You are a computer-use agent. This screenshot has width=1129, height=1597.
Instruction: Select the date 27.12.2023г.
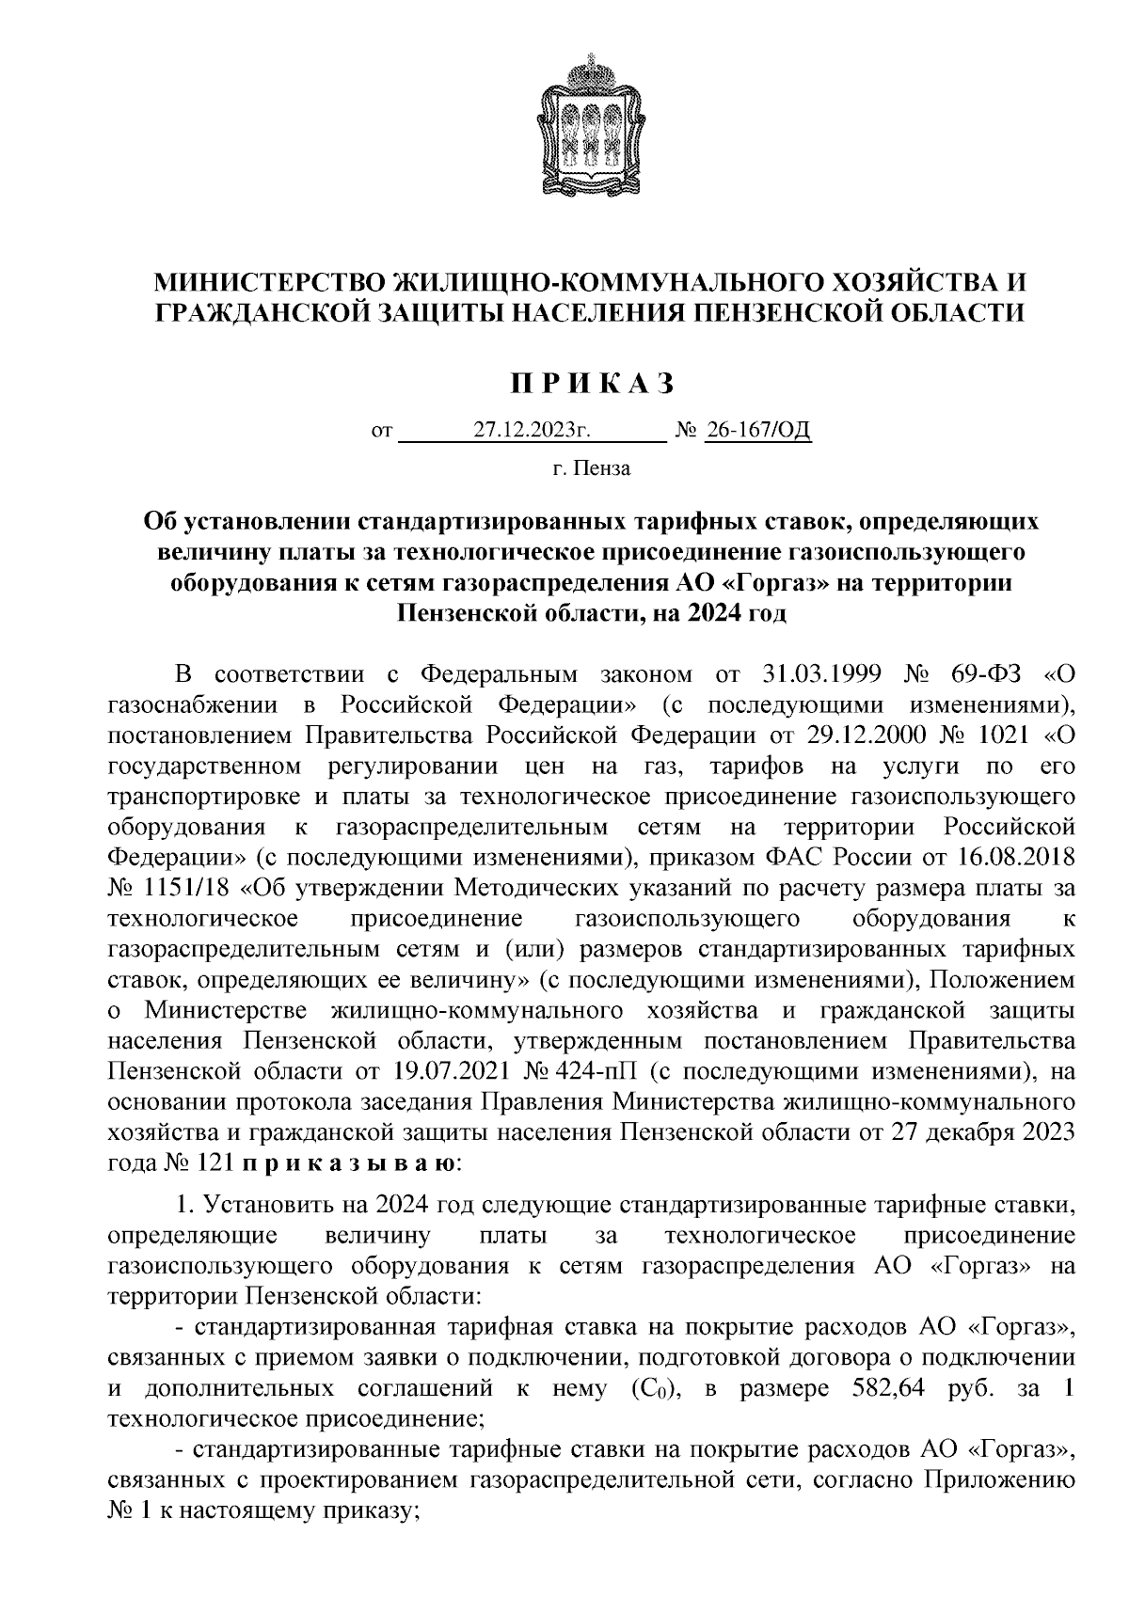pos(532,432)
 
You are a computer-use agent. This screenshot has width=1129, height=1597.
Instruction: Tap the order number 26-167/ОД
pos(757,432)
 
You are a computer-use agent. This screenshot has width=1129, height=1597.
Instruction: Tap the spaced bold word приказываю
pos(349,1163)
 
